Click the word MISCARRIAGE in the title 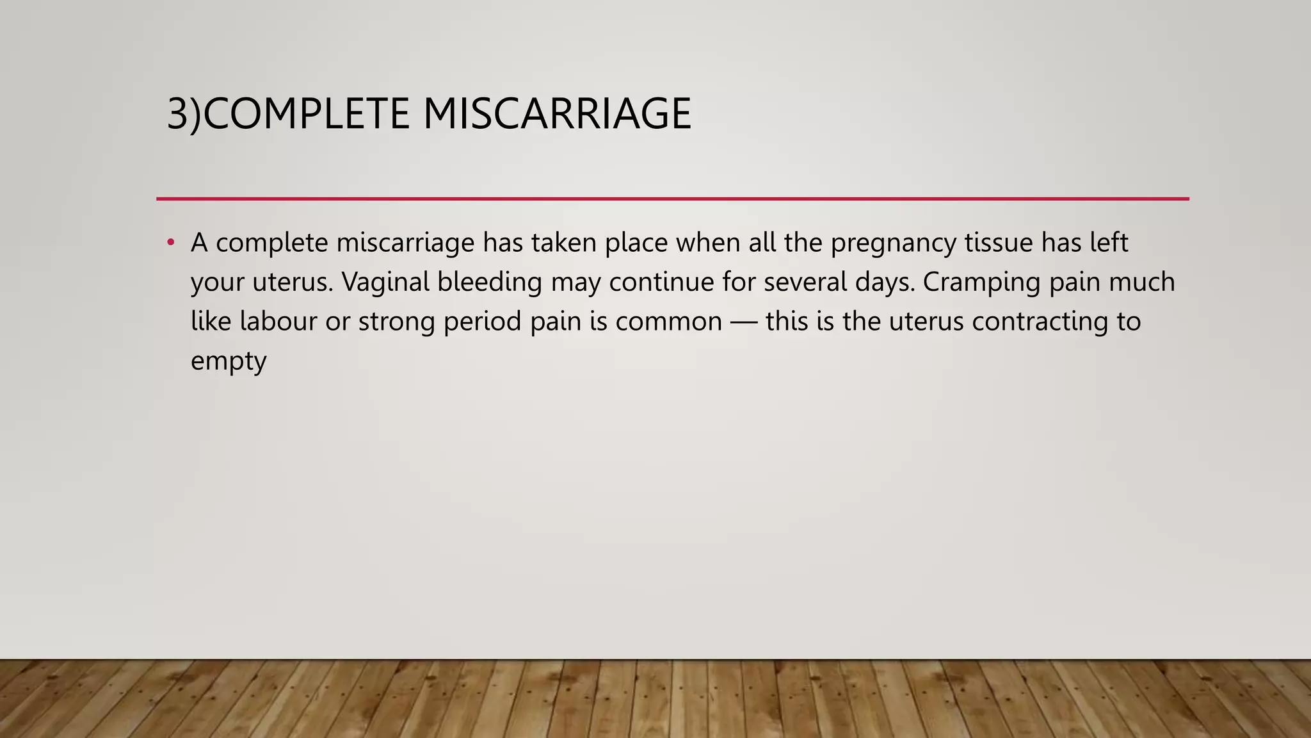click(557, 114)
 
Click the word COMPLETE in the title click(306, 114)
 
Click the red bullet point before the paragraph click(170, 243)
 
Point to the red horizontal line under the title click(672, 199)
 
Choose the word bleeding click(490, 282)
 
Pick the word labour click(278, 321)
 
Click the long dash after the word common click(743, 322)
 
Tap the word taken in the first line click(564, 243)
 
